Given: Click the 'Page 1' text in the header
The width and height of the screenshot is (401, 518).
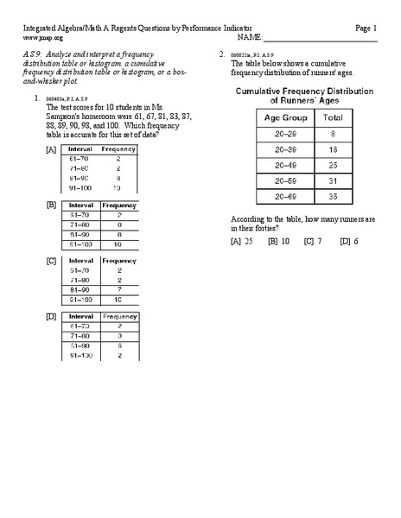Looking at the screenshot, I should click(366, 28).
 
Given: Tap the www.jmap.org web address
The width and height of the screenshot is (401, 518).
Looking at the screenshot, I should click(42, 39).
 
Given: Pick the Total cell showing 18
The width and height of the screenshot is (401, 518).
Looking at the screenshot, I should click(332, 148).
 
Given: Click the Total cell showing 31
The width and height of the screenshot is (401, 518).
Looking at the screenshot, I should click(332, 180).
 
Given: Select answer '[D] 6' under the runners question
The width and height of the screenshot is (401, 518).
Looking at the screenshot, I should click(348, 242).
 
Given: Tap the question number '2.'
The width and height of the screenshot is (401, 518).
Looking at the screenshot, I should click(222, 54).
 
